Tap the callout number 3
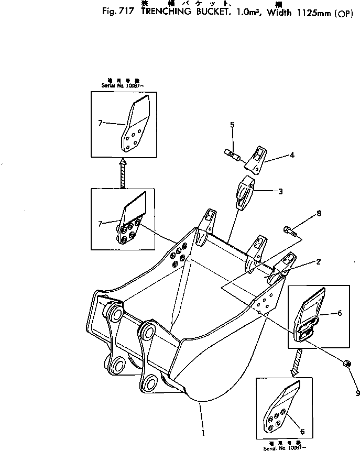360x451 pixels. click(280, 192)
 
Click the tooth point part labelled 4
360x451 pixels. click(255, 159)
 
